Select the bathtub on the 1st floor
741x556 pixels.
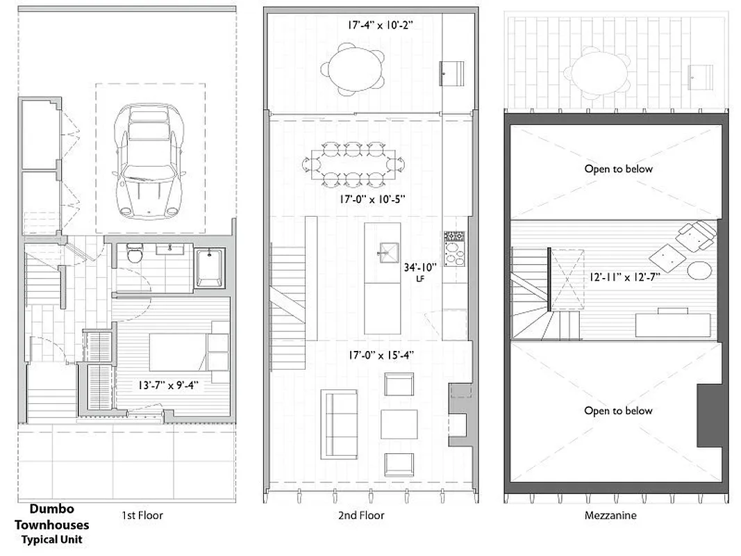[208, 268]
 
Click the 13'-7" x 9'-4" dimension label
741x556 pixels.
[169, 384]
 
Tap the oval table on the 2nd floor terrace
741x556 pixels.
[353, 69]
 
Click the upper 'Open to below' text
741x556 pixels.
[618, 169]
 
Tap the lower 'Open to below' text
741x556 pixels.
[618, 411]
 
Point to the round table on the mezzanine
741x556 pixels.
[699, 270]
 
